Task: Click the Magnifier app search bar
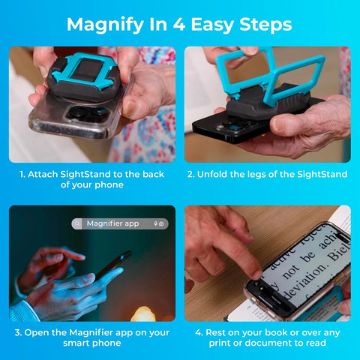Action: pyautogui.click(x=120, y=223)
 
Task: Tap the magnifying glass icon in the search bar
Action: pyautogui.click(x=78, y=223)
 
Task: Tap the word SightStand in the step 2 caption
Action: pyautogui.click(x=321, y=174)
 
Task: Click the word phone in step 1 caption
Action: pyautogui.click(x=109, y=185)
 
